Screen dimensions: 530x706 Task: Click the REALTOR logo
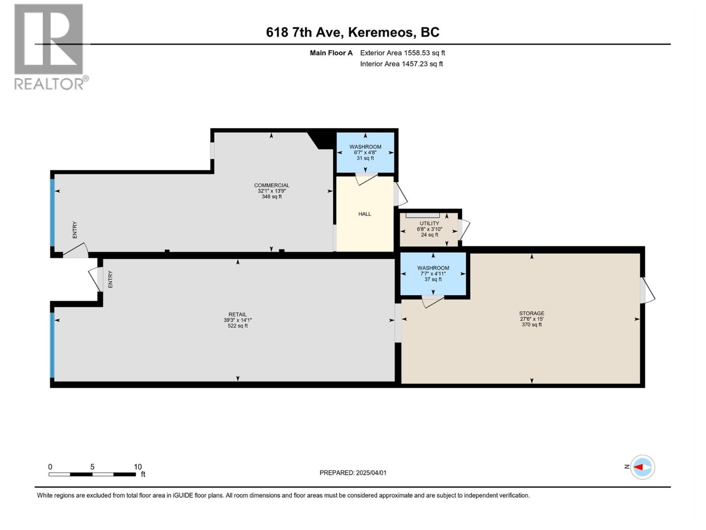click(49, 46)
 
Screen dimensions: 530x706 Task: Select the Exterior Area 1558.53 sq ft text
click(402, 53)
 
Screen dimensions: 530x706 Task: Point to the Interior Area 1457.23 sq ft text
click(401, 64)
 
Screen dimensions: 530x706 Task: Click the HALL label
click(364, 214)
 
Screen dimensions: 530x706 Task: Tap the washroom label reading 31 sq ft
click(365, 152)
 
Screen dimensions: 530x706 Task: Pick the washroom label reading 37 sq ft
click(433, 273)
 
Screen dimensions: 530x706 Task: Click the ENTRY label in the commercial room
click(75, 230)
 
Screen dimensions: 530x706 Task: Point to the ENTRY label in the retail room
click(110, 280)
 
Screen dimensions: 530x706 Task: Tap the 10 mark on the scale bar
click(138, 467)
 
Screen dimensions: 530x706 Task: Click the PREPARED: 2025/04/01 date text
click(353, 473)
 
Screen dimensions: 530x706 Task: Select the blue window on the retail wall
click(52, 345)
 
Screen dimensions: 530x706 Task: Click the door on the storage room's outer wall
click(647, 291)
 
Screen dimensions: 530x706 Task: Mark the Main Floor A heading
click(331, 53)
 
